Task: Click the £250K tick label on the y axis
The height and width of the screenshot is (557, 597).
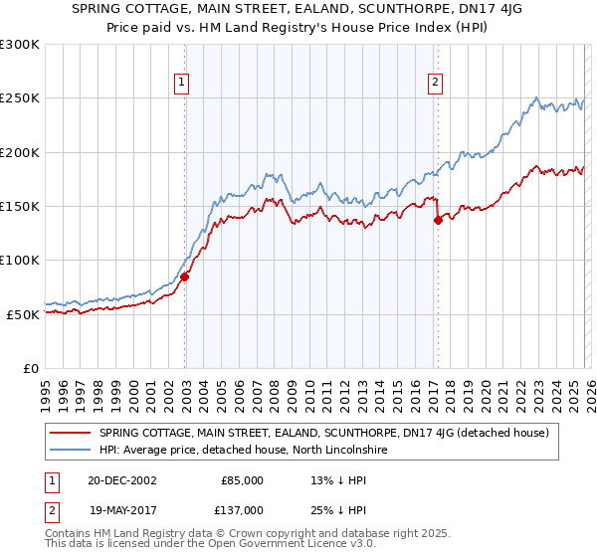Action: pyautogui.click(x=20, y=98)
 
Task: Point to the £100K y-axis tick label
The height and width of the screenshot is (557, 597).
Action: pyautogui.click(x=20, y=260)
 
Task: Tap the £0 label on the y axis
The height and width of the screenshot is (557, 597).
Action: pyautogui.click(x=30, y=368)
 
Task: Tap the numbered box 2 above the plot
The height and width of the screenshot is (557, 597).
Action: pyautogui.click(x=436, y=84)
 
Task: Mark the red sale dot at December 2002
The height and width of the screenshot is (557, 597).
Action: pyautogui.click(x=185, y=277)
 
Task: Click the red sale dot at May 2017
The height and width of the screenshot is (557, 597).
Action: pyautogui.click(x=438, y=221)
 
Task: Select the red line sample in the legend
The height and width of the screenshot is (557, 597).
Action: pyautogui.click(x=71, y=433)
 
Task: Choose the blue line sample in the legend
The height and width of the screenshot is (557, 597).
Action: pyautogui.click(x=71, y=451)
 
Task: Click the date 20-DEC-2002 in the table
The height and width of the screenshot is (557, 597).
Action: pyautogui.click(x=120, y=480)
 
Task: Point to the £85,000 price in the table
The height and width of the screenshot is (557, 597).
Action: pyautogui.click(x=241, y=480)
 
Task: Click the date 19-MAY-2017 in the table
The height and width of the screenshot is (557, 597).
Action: pyautogui.click(x=120, y=510)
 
